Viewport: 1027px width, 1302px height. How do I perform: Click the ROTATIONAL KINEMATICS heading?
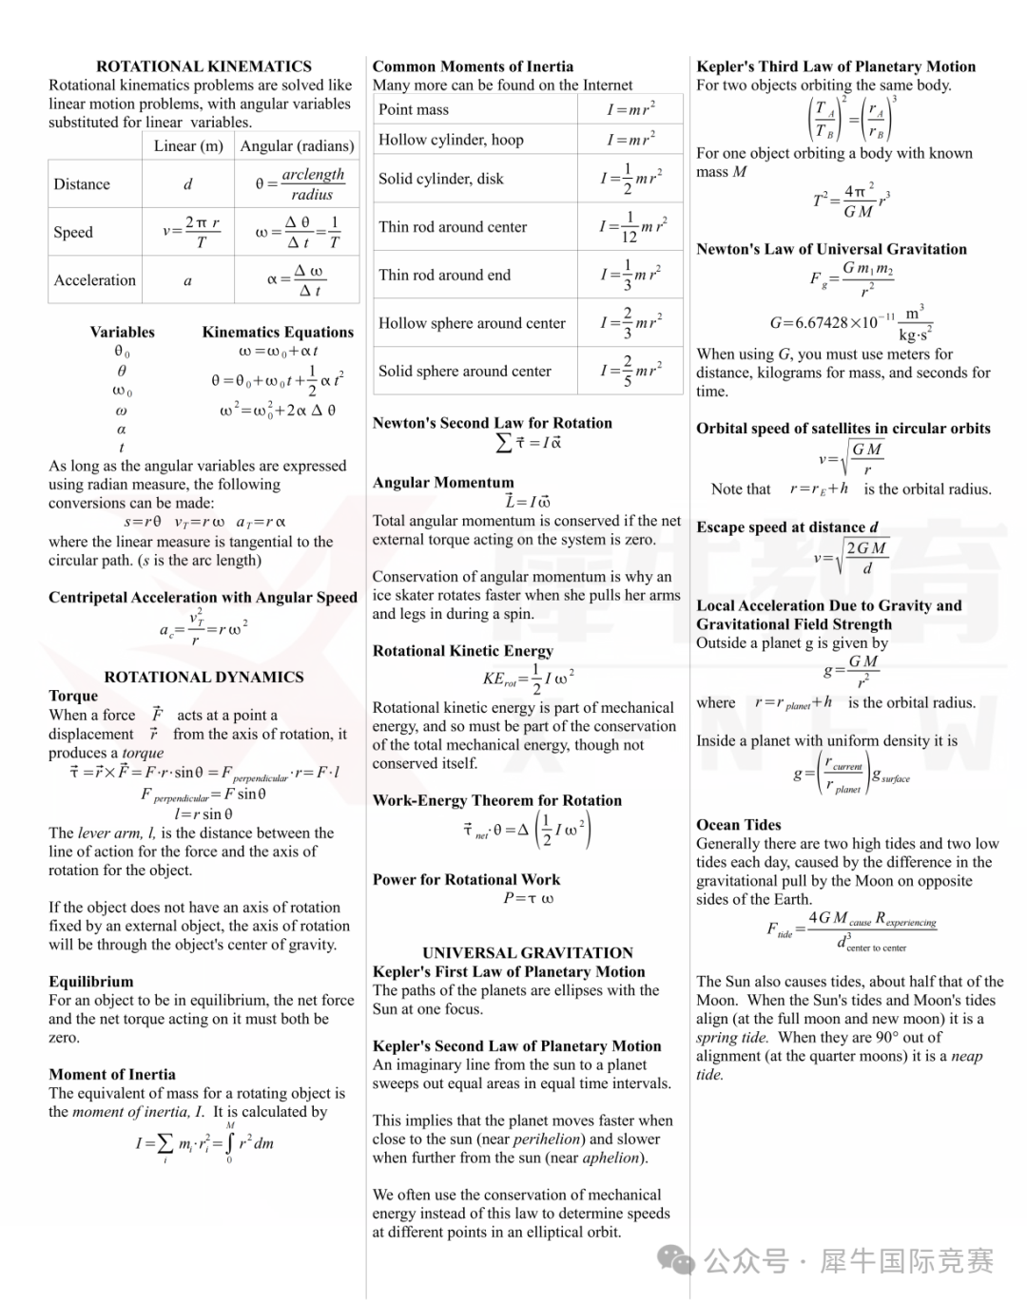tap(203, 67)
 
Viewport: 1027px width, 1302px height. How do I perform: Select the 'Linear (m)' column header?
tap(188, 145)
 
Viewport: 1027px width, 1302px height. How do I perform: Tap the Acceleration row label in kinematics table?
tap(95, 280)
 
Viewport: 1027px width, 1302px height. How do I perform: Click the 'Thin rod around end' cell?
tap(444, 275)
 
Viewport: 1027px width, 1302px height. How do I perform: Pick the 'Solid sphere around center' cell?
tap(464, 371)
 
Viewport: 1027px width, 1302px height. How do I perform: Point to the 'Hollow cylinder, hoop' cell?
tap(451, 140)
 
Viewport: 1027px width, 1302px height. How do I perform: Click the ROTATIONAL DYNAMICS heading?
tap(203, 677)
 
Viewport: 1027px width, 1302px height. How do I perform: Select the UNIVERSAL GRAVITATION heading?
tap(528, 952)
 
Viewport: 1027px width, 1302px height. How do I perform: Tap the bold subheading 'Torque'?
tap(73, 696)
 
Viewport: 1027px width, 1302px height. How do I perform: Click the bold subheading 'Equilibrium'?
tap(91, 982)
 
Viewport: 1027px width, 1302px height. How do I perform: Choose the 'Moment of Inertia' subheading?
tap(112, 1075)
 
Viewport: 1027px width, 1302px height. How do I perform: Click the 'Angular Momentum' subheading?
tap(443, 483)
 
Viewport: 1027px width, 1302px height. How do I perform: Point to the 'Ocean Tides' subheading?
tap(739, 825)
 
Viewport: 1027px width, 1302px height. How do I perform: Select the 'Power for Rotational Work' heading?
tap(466, 879)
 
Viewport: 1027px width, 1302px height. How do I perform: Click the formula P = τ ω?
tap(529, 898)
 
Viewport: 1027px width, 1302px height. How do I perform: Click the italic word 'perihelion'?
tap(547, 1139)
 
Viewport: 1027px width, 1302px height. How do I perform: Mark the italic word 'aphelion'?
tap(610, 1158)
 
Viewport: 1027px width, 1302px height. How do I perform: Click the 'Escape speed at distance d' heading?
tap(787, 527)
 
